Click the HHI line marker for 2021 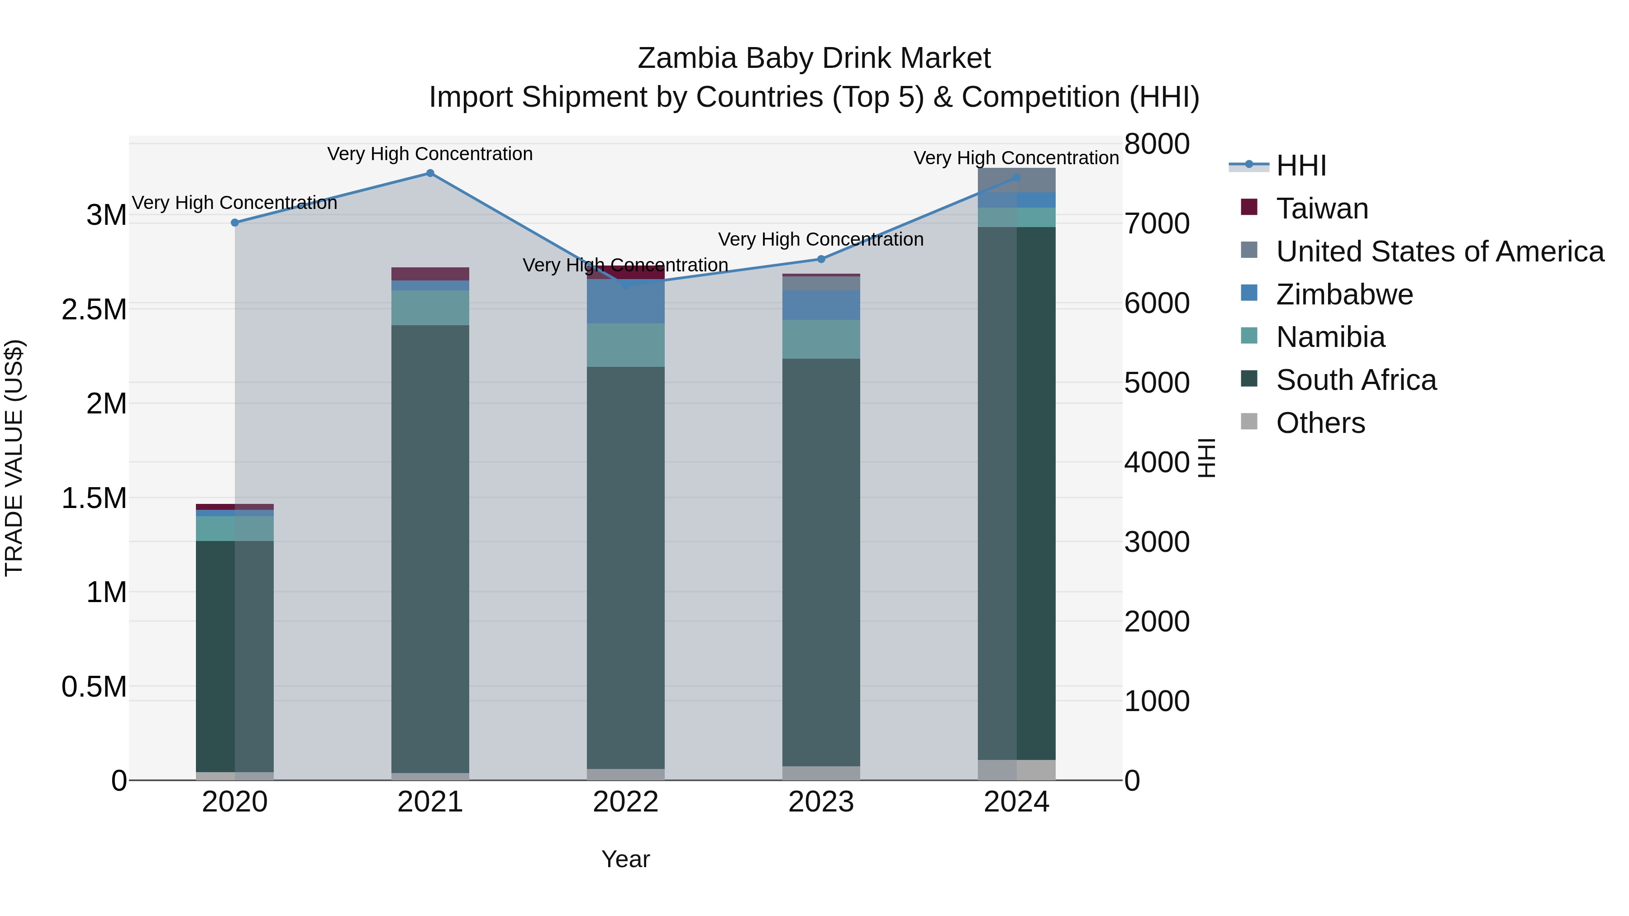pos(430,173)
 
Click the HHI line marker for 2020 pos(234,223)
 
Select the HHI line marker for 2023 pos(821,259)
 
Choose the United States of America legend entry pos(1439,252)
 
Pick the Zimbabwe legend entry pos(1344,294)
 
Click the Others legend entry pos(1320,423)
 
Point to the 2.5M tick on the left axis pos(94,310)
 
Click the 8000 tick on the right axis pos(1157,144)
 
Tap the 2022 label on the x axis pos(625,802)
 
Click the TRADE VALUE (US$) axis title pos(14,458)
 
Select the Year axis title pos(625,859)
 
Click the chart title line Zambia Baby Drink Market pos(814,58)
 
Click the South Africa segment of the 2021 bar pos(430,549)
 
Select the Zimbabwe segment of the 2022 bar pos(625,302)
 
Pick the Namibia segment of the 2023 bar pos(821,339)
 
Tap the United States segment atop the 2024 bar pos(1016,180)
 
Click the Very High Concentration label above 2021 pos(430,154)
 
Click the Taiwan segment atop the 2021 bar pos(430,274)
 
